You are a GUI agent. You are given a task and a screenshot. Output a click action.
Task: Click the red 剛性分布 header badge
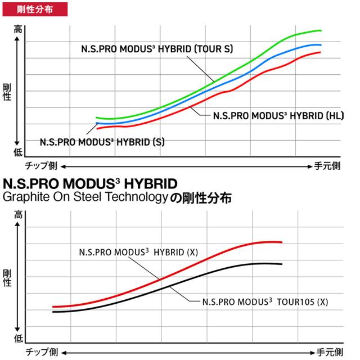34,8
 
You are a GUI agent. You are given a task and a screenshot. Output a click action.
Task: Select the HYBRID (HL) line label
271,116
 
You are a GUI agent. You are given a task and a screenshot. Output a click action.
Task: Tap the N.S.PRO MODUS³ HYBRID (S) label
102,142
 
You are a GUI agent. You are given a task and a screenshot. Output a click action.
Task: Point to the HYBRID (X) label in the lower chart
139,251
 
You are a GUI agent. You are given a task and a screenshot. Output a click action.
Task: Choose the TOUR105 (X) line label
265,301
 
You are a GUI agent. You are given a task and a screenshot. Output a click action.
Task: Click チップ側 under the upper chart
41,166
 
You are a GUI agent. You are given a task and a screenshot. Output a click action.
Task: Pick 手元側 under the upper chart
327,166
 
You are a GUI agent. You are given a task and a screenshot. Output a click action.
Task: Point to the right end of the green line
321,31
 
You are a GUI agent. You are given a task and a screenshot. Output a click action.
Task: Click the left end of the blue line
97,123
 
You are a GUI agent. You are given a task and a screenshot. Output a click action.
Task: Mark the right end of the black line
281,264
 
